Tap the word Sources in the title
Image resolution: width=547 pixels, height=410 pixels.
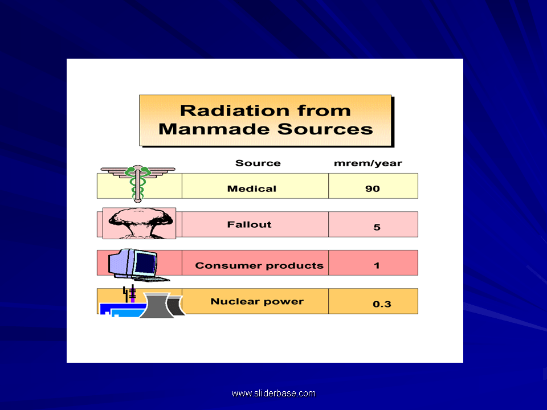(325, 129)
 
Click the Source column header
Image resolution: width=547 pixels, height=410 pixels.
(258, 163)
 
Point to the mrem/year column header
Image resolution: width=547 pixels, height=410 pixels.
(368, 163)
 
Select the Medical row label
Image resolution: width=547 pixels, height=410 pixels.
(252, 188)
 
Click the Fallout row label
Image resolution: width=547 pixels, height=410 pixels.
(249, 224)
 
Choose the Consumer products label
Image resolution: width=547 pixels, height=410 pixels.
(259, 265)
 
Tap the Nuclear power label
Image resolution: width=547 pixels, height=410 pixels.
(257, 301)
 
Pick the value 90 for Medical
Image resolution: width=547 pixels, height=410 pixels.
(373, 188)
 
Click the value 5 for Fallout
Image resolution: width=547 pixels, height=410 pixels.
(377, 227)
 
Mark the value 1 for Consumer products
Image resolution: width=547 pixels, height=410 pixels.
(377, 265)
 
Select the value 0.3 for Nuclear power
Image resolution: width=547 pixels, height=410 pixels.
(382, 304)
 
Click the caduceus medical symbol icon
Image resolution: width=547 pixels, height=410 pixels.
(137, 182)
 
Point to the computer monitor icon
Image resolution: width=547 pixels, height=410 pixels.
(134, 264)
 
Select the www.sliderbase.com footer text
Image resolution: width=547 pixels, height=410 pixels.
(273, 393)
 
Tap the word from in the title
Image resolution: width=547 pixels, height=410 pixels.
(325, 110)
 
